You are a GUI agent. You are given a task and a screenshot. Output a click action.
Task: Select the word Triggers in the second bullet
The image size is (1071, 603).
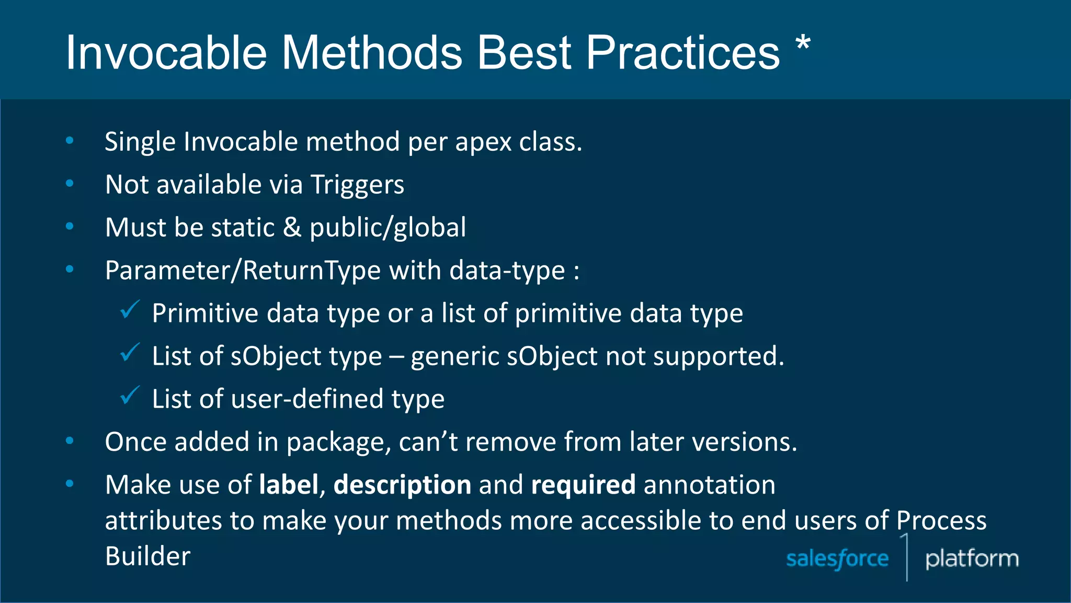click(357, 185)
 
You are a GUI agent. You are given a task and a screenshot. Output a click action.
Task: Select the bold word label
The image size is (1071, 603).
click(289, 485)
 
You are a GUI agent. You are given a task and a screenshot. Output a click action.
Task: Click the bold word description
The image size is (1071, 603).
click(402, 485)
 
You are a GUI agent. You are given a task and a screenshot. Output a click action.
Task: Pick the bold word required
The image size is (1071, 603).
click(583, 485)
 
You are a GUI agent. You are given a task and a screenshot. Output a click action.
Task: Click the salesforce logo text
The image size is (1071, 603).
click(837, 559)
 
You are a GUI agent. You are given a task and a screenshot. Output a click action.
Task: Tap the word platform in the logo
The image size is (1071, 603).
click(972, 559)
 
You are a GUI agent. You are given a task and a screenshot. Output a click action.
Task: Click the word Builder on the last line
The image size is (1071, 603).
click(148, 556)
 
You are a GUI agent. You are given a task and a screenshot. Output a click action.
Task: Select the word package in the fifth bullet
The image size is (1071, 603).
click(339, 442)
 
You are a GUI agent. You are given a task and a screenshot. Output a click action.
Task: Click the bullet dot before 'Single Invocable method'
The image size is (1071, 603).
click(70, 140)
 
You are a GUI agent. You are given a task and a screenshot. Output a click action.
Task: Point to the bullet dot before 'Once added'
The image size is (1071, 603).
click(70, 441)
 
